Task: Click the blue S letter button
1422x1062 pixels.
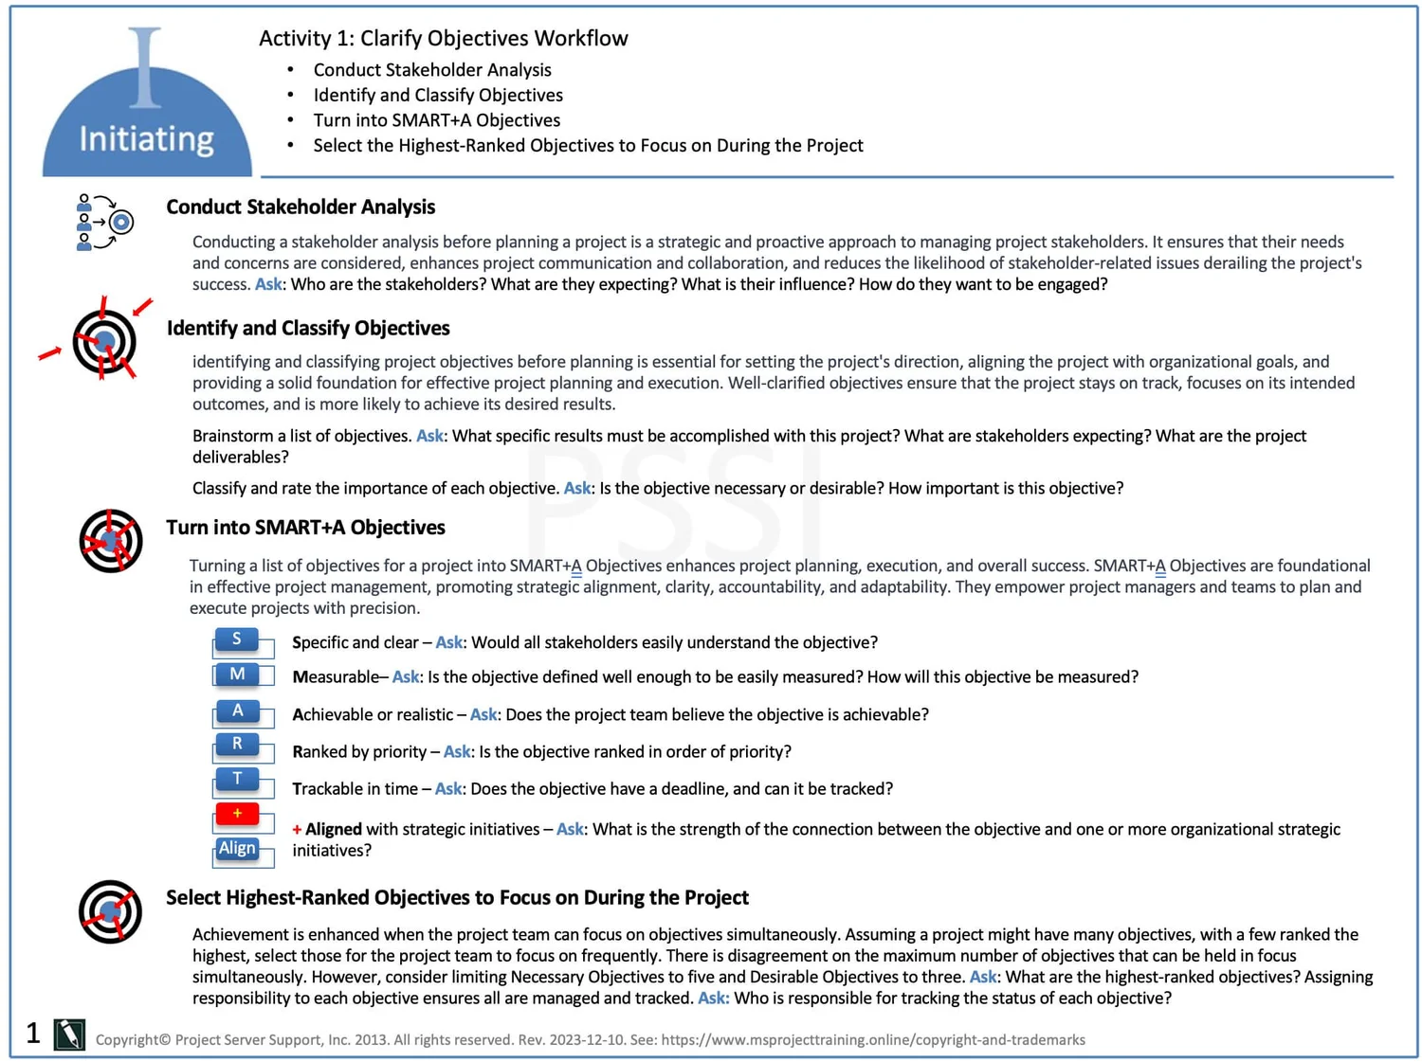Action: [237, 639]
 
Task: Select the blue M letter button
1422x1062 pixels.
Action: [237, 675]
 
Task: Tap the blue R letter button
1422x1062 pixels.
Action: [237, 745]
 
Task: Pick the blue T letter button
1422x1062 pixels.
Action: [237, 780]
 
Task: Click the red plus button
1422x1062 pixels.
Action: [237, 814]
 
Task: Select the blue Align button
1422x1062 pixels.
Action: [237, 849]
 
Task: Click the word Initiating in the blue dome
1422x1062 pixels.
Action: [146, 139]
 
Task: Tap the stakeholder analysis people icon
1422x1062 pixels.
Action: [103, 223]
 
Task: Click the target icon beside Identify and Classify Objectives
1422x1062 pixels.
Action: [103, 341]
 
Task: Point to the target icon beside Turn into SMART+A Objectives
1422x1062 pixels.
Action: [111, 541]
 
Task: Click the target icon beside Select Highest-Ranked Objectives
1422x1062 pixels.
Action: [111, 911]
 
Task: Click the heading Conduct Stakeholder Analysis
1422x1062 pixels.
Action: [301, 207]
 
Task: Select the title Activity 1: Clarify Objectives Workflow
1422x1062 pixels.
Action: [443, 38]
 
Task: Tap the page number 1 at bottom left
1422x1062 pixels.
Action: [33, 1033]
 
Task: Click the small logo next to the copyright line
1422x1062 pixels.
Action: [69, 1035]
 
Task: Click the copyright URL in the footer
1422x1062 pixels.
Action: [872, 1040]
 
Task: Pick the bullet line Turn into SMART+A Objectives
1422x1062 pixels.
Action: [436, 120]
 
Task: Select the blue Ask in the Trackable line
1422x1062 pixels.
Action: [447, 788]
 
